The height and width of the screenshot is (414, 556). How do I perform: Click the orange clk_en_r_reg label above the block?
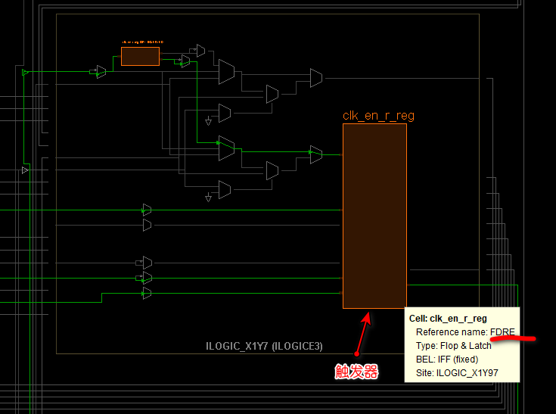tap(378, 116)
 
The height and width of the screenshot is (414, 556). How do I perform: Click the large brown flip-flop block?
tap(374, 216)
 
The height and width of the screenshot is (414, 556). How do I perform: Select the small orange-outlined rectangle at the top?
tap(140, 56)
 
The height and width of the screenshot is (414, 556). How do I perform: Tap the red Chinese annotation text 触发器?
tap(356, 372)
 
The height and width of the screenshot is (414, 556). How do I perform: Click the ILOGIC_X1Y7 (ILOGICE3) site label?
tap(264, 346)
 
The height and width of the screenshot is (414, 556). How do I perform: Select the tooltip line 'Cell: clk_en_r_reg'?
tap(447, 319)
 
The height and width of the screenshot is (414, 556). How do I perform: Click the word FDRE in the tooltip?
tap(503, 332)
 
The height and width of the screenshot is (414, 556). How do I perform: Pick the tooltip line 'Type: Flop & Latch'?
tap(453, 345)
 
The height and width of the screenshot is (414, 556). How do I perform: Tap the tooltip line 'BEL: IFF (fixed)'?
tap(446, 359)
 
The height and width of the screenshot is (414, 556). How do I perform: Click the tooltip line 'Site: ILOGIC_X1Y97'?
tap(456, 372)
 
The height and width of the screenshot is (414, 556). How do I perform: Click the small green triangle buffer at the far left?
tap(25, 72)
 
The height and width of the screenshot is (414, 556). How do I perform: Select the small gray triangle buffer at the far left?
tap(25, 170)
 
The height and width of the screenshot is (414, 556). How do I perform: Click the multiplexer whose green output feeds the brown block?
tap(315, 154)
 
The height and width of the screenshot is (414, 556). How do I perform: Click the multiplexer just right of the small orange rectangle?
tap(185, 61)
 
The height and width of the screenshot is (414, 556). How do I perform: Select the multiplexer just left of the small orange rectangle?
tap(101, 71)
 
